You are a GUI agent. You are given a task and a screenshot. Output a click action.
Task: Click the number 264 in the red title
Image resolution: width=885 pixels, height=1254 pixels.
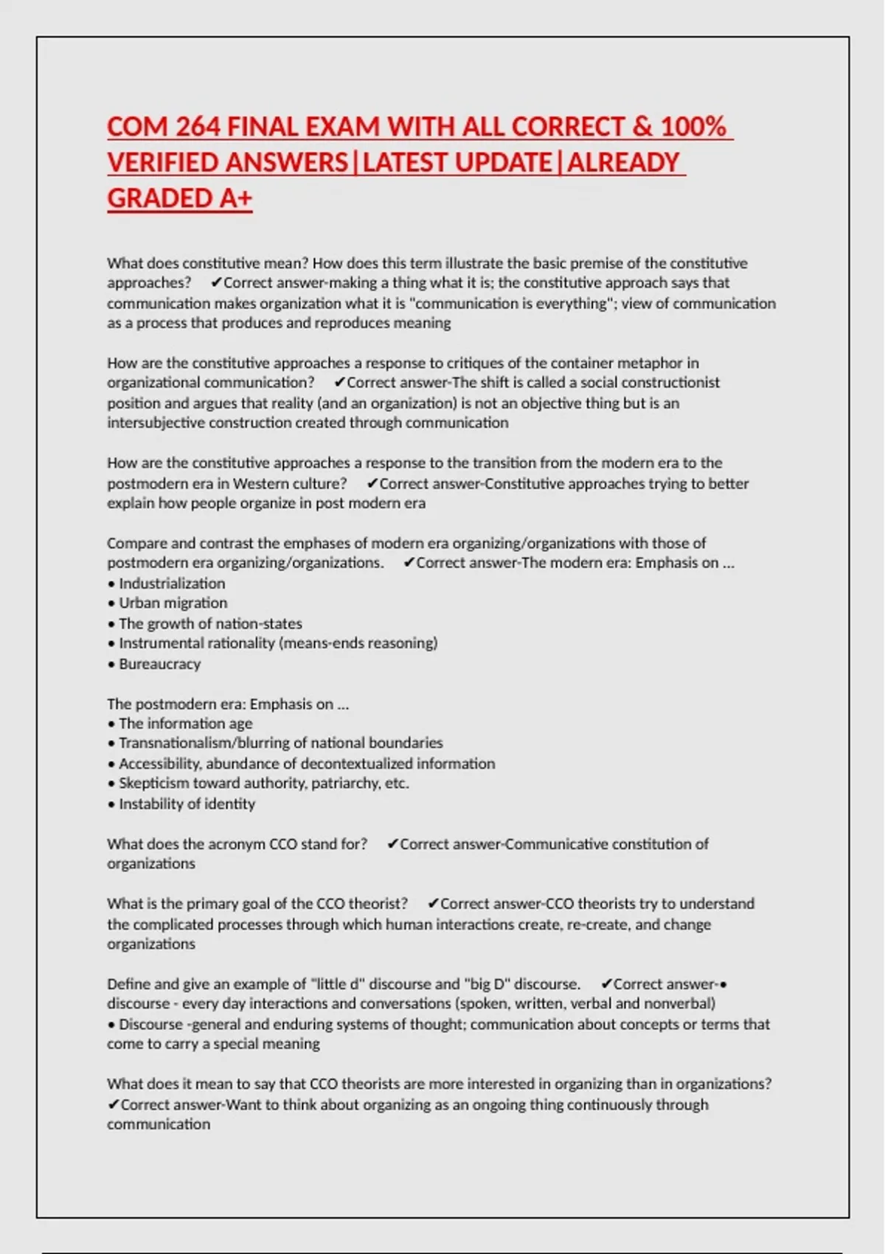click(x=198, y=127)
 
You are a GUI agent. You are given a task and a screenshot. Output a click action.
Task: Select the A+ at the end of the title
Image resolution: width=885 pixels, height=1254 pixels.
click(x=235, y=198)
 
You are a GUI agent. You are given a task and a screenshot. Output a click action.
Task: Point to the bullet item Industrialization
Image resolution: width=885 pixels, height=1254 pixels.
click(x=172, y=583)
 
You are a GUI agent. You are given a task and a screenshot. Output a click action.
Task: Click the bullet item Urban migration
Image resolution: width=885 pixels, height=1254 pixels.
click(x=173, y=603)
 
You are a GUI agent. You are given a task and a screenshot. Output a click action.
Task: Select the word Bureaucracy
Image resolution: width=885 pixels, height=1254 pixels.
click(x=159, y=664)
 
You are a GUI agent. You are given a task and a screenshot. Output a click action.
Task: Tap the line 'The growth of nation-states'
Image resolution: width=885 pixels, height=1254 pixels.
click(x=210, y=623)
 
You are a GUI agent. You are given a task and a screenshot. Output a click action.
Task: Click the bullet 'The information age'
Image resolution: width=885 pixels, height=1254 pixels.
click(x=185, y=724)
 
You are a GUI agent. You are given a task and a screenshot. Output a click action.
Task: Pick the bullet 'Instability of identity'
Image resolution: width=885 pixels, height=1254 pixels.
click(x=187, y=804)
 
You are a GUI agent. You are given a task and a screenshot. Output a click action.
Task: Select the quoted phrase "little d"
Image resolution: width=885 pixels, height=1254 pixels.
click(x=338, y=984)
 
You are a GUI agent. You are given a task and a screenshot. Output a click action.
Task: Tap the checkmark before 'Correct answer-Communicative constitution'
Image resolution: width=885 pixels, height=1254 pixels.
click(x=392, y=844)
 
